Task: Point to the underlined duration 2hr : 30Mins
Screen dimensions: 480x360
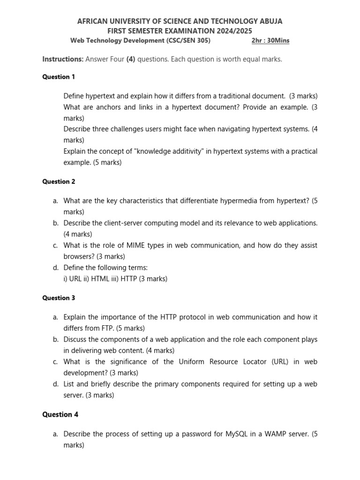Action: (270, 40)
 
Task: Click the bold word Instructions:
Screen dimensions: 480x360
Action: (63, 60)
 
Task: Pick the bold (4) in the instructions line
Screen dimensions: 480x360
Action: (131, 60)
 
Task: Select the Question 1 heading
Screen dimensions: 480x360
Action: (59, 76)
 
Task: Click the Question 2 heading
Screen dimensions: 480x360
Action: (59, 181)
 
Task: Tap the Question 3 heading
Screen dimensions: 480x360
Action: (59, 298)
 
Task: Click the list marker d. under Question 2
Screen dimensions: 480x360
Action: (56, 268)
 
